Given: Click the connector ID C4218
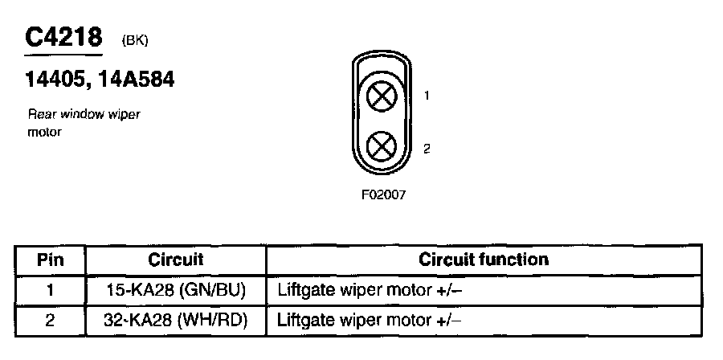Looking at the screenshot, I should tap(63, 37).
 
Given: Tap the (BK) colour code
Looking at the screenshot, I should tap(134, 39).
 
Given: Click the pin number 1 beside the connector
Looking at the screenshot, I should tap(427, 96).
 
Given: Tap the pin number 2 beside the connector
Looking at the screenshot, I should tap(427, 149).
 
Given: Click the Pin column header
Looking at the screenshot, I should tap(50, 260).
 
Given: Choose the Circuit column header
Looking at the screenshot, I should tap(176, 260).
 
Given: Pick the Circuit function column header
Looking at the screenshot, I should tap(484, 260).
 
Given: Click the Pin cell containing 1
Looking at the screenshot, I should tap(50, 290).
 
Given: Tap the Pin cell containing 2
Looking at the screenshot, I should tap(50, 321).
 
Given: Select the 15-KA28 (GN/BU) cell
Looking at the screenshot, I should tap(176, 290).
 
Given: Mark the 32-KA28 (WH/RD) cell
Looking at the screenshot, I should tap(176, 321).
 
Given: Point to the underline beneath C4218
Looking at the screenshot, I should tap(63, 56).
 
